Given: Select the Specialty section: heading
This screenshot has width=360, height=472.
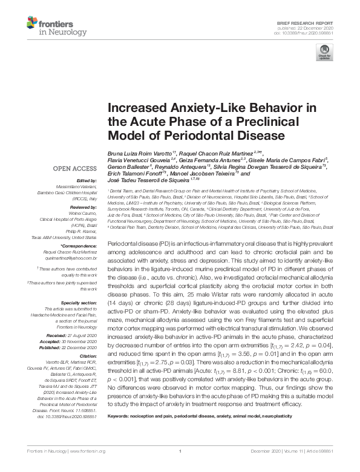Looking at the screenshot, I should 79,301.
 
